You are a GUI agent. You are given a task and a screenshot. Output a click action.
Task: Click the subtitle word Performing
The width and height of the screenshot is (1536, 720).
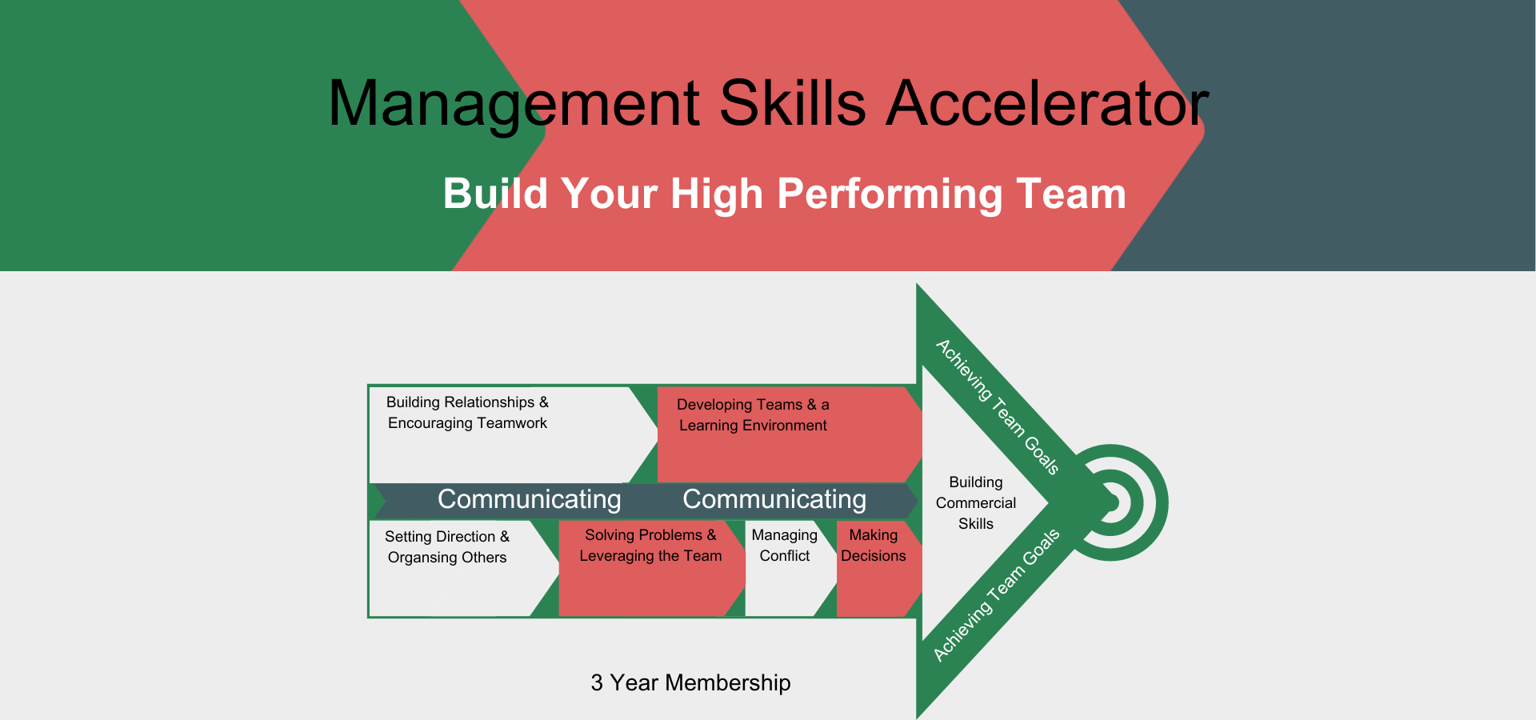(888, 195)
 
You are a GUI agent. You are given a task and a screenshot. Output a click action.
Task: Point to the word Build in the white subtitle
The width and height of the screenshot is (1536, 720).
(495, 194)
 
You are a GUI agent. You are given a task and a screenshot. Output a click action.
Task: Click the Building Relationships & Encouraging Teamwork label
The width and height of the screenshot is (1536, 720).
(467, 413)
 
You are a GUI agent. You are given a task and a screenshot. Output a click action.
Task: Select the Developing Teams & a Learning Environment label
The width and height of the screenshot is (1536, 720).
(753, 415)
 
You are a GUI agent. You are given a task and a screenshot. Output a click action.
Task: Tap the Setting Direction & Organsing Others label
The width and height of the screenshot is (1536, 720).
(446, 547)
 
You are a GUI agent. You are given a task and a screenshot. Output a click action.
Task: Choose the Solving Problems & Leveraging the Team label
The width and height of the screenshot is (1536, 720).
(650, 546)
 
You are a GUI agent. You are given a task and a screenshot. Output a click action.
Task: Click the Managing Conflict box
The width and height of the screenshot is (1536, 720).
(785, 569)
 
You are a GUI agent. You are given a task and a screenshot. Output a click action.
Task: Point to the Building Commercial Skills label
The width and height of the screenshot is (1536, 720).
(976, 503)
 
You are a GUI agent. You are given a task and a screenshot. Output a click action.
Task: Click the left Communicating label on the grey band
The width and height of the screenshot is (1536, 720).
(529, 499)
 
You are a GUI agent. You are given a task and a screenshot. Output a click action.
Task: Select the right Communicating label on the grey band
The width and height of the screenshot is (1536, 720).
(774, 499)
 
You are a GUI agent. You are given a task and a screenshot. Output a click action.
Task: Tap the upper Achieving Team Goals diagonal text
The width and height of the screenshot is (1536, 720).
(998, 406)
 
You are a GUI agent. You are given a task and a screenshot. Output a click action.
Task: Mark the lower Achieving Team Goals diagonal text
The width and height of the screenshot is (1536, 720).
(997, 595)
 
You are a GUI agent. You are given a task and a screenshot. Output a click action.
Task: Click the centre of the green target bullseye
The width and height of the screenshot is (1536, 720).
(1110, 502)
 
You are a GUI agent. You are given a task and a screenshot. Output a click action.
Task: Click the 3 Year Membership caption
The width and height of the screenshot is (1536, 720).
(690, 682)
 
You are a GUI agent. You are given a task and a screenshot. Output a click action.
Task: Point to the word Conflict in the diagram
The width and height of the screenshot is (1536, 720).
(785, 556)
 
